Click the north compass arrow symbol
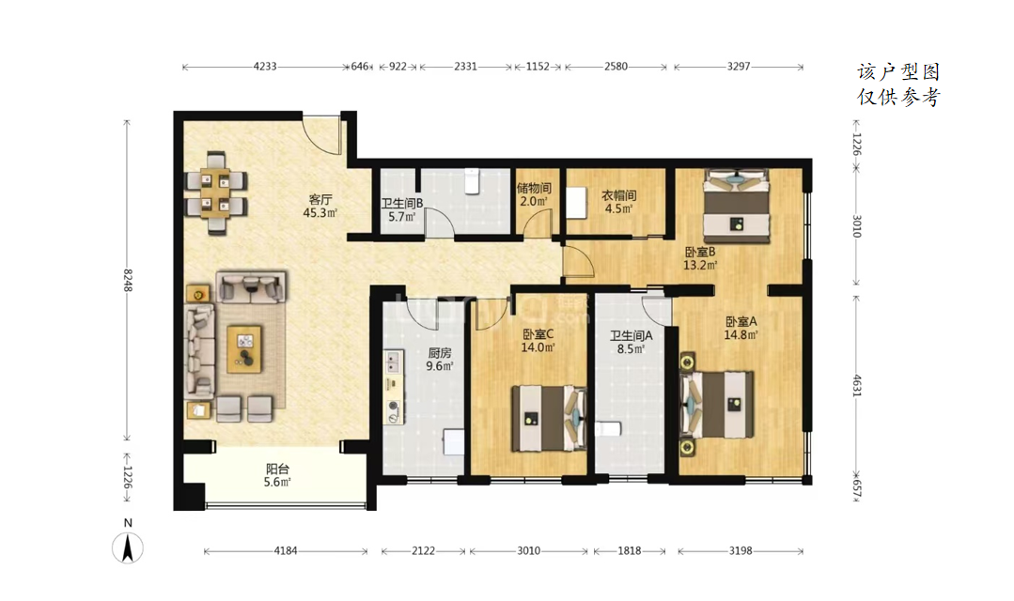click(x=128, y=548)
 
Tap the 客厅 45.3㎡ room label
click(x=320, y=207)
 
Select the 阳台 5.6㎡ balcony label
click(x=277, y=475)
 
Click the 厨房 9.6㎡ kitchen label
click(x=440, y=360)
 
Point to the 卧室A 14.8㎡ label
click(x=741, y=328)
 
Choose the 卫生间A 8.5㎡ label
click(x=632, y=343)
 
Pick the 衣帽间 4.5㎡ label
click(x=619, y=202)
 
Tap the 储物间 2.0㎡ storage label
click(x=534, y=194)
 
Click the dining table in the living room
click(x=215, y=192)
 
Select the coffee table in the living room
click(x=244, y=349)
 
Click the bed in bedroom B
click(x=737, y=207)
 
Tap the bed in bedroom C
click(x=549, y=418)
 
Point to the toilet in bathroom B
click(x=473, y=181)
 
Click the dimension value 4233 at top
click(x=265, y=66)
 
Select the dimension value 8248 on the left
click(x=128, y=280)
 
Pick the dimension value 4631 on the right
click(x=857, y=386)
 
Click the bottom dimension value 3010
click(x=528, y=550)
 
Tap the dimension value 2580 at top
click(x=616, y=66)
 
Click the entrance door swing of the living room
click(x=322, y=134)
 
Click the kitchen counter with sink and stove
click(x=394, y=387)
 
